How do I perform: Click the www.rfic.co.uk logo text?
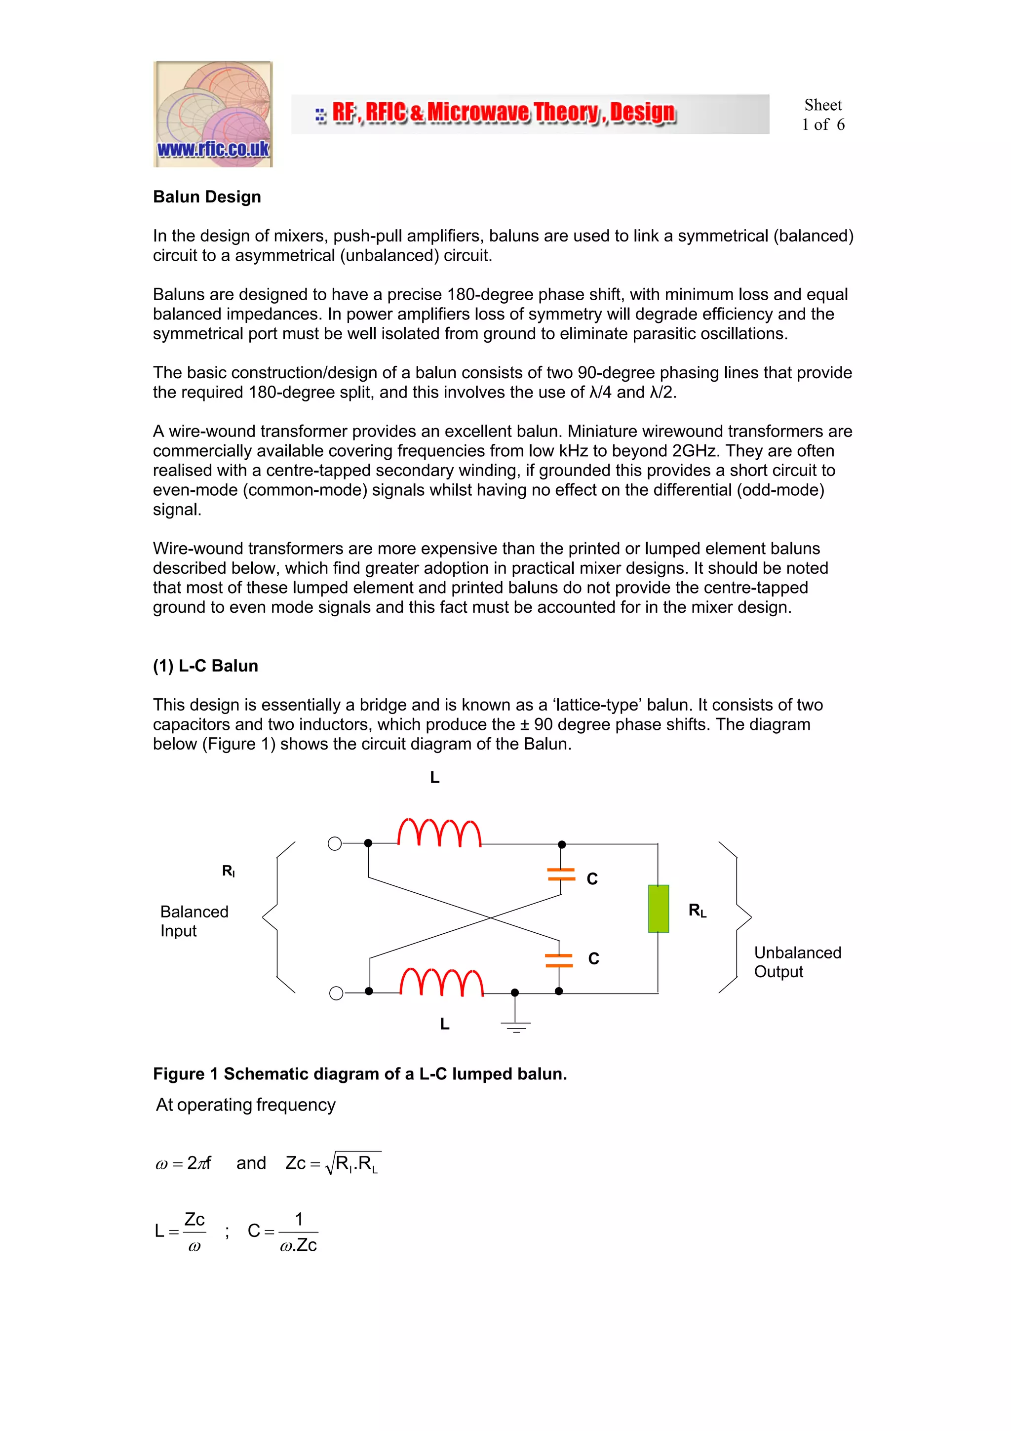tap(213, 149)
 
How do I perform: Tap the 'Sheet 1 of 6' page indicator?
tap(822, 115)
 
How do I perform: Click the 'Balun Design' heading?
tap(207, 197)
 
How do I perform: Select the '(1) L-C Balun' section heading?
tap(205, 666)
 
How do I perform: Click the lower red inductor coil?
tap(441, 982)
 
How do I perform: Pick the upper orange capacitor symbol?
tap(561, 874)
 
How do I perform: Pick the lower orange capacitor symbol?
tap(558, 960)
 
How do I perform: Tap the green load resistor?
tap(658, 908)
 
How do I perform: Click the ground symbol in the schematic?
tap(515, 1025)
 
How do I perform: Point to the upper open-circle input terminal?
tap(335, 843)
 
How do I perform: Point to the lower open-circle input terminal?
tap(336, 993)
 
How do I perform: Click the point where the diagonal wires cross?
tap(490, 917)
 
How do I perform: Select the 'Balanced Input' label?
tap(194, 920)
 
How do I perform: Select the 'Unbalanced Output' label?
tap(797, 962)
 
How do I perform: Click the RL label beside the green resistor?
tap(697, 911)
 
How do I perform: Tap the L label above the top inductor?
tap(435, 777)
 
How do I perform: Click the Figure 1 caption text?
tap(359, 1074)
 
